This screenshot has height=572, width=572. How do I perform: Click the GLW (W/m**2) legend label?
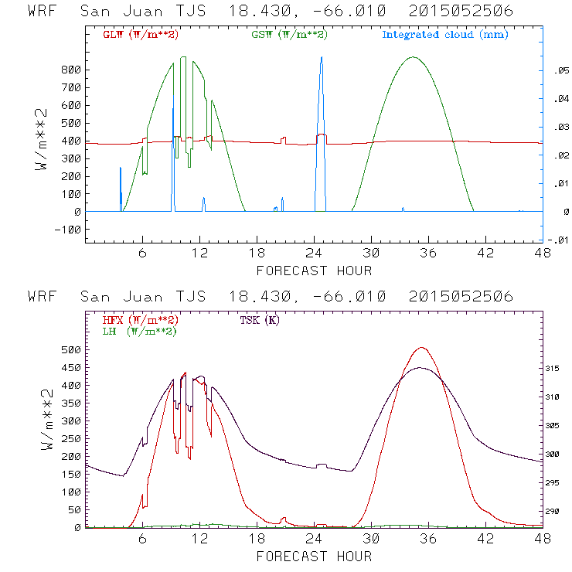point(139,35)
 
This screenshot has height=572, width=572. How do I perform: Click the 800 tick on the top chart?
point(70,70)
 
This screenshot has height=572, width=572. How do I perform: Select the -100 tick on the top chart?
point(66,230)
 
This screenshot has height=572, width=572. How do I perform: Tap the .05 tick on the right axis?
point(560,70)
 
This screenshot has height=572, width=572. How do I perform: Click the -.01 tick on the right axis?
point(558,240)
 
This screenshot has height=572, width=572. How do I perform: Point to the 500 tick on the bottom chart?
point(70,350)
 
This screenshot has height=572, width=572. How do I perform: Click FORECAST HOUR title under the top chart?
point(314,271)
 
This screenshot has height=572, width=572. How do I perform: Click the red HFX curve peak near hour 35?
point(421,348)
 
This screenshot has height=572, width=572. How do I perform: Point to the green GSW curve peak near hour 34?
point(414,57)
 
